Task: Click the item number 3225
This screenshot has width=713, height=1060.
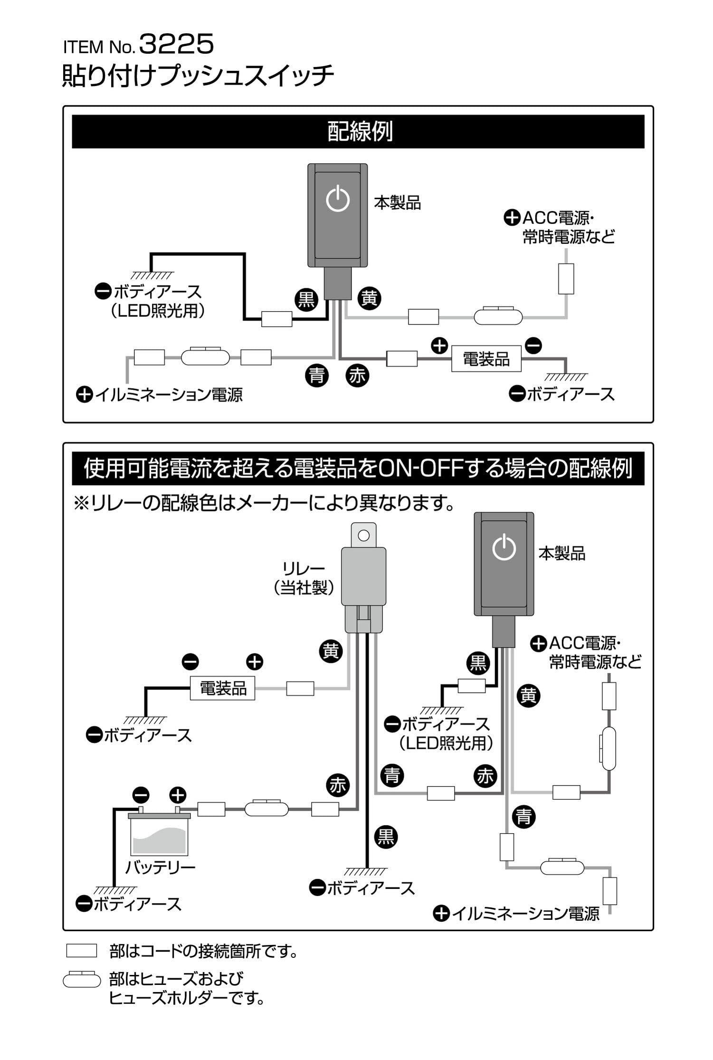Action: [x=177, y=46]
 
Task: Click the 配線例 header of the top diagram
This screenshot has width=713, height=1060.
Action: [x=359, y=132]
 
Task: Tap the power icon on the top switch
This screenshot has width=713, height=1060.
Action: [x=338, y=200]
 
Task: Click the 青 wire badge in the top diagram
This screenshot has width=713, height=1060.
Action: [x=316, y=376]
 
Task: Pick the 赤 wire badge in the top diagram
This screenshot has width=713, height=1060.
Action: [x=357, y=376]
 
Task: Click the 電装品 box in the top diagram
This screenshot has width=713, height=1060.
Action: [x=485, y=359]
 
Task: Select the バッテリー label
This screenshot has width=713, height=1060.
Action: [x=160, y=868]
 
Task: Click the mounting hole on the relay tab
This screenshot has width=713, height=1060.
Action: [x=363, y=536]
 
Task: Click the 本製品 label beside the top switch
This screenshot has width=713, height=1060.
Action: [x=397, y=203]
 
